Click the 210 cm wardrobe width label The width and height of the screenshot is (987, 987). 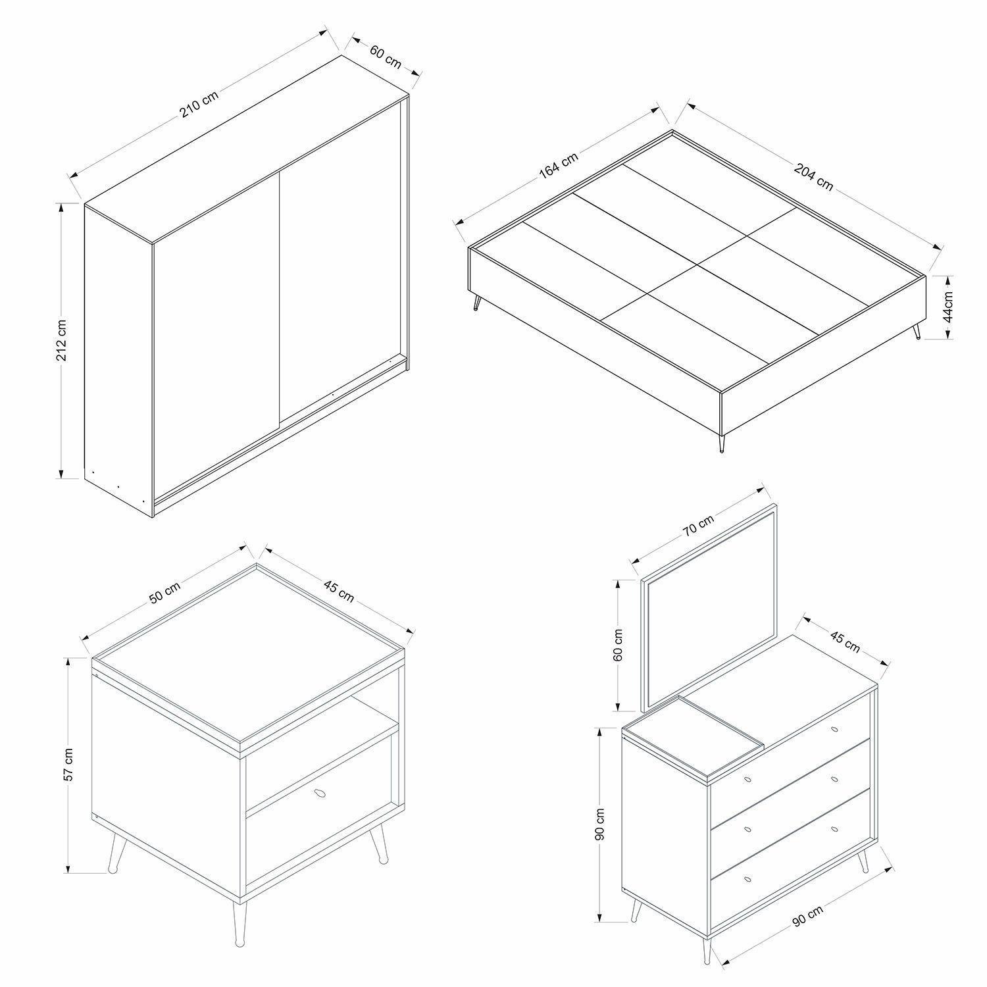click(199, 104)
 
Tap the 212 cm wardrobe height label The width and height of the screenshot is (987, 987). click(61, 341)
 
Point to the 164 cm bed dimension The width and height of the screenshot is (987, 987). click(559, 165)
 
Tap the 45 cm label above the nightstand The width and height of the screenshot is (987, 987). click(338, 591)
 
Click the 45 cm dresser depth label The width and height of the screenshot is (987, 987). click(844, 641)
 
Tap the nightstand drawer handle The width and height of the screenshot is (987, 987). click(322, 794)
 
